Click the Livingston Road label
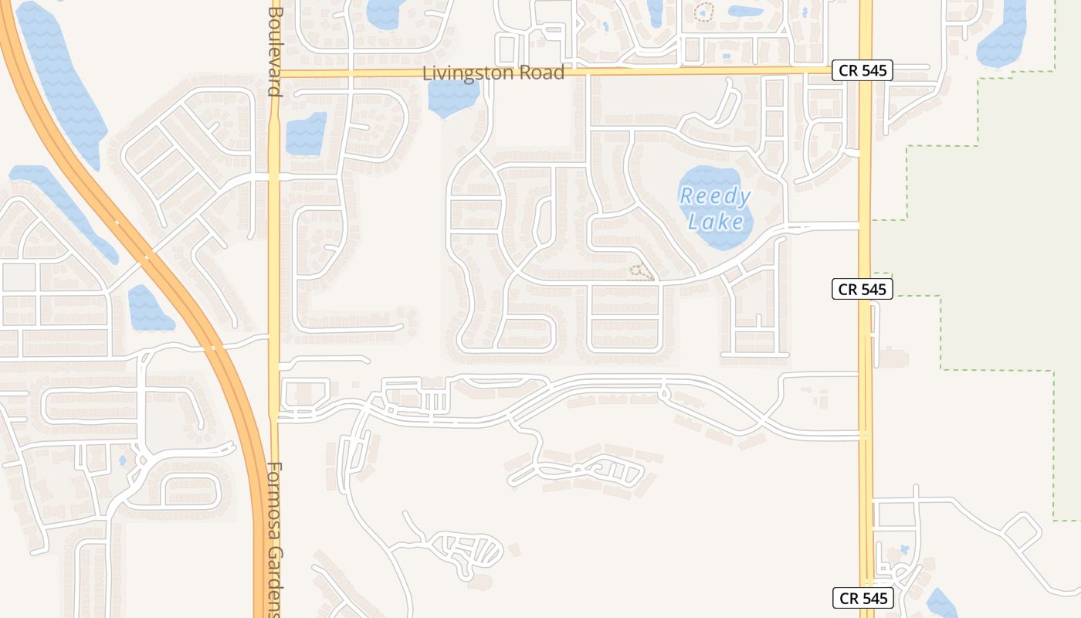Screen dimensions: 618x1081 click(493, 73)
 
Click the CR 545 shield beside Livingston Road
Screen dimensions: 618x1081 click(863, 71)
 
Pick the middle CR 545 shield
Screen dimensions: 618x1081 click(863, 290)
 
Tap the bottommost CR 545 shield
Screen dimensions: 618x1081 click(863, 598)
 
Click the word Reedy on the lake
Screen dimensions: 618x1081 click(715, 197)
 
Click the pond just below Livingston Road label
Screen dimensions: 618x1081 click(453, 97)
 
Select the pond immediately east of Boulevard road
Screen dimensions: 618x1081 click(306, 134)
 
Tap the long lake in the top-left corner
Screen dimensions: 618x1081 click(62, 77)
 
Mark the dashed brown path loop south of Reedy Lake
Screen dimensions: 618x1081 click(638, 271)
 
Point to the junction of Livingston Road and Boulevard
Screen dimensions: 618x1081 click(274, 73)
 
